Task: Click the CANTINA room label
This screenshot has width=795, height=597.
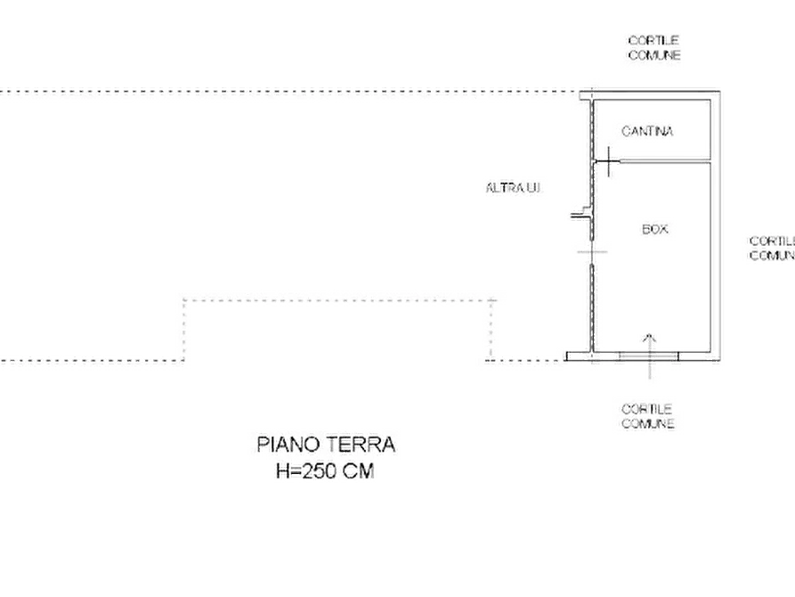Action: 647,132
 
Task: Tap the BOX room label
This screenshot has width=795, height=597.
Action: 655,230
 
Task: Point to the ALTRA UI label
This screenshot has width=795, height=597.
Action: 513,188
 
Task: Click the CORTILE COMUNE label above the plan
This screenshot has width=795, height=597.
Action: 654,48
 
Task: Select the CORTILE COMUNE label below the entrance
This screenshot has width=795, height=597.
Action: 647,416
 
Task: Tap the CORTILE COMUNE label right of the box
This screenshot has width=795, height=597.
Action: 772,249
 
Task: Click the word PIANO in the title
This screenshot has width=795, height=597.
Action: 288,445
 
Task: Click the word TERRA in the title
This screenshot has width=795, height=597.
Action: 360,445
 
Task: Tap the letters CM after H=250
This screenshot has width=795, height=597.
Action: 359,471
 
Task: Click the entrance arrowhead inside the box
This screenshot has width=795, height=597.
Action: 650,337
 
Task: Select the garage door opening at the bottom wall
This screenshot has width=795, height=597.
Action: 648,356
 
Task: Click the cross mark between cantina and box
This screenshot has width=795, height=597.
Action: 608,161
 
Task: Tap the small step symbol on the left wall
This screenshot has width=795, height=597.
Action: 581,213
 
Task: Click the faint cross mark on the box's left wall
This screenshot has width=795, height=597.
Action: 592,251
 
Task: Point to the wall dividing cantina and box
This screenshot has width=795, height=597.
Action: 665,161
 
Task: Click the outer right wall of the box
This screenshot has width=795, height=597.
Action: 716,226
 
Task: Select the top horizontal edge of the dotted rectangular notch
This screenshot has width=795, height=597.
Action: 339,300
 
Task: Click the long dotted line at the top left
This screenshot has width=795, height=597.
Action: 289,93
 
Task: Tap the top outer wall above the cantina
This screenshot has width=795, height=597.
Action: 650,95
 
